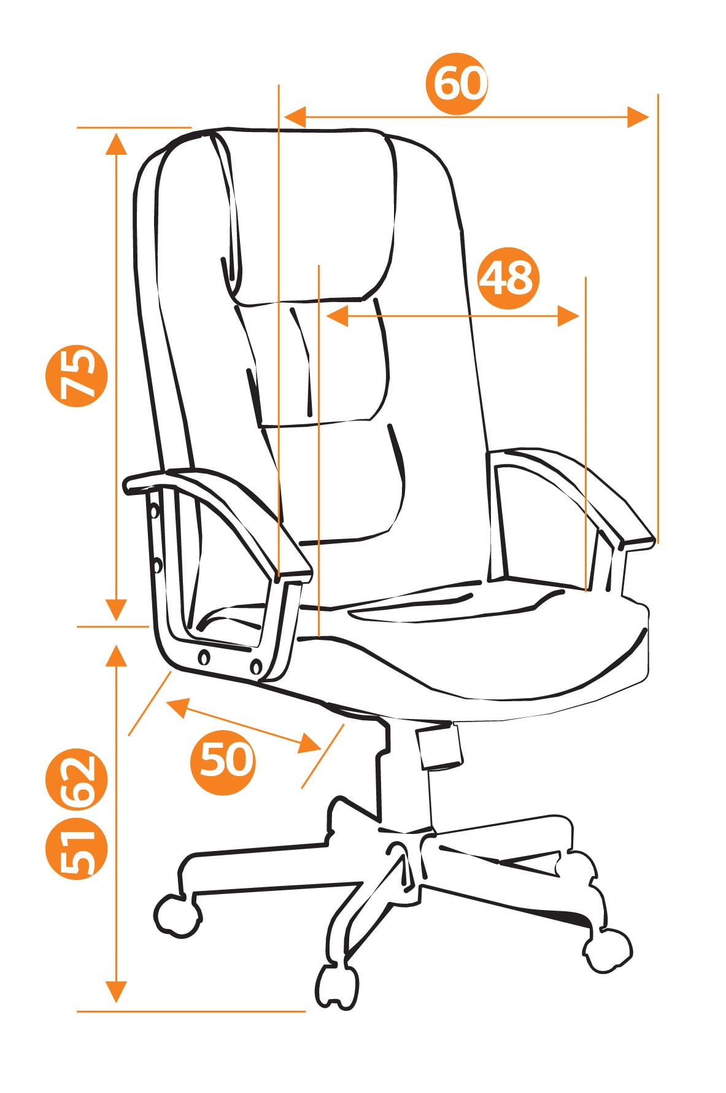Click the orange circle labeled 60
[457, 84]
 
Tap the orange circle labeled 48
[508, 278]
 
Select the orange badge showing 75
[77, 375]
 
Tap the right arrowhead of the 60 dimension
[638, 116]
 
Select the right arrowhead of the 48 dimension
[568, 316]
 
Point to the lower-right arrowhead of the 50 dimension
[310, 743]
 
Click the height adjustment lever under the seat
[439, 745]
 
